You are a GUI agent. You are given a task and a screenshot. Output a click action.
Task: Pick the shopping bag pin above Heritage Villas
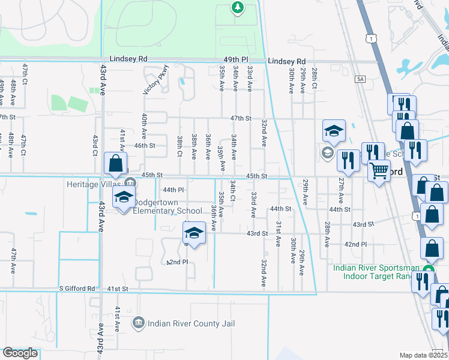(x=115, y=164)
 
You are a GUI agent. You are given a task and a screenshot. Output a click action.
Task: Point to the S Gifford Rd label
(x=77, y=289)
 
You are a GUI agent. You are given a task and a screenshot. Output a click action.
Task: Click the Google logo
(x=20, y=353)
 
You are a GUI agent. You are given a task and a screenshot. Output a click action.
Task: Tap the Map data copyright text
(x=423, y=355)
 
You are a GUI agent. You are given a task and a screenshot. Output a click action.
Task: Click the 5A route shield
(x=360, y=79)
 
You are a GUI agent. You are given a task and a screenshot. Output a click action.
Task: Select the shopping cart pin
(x=379, y=172)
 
